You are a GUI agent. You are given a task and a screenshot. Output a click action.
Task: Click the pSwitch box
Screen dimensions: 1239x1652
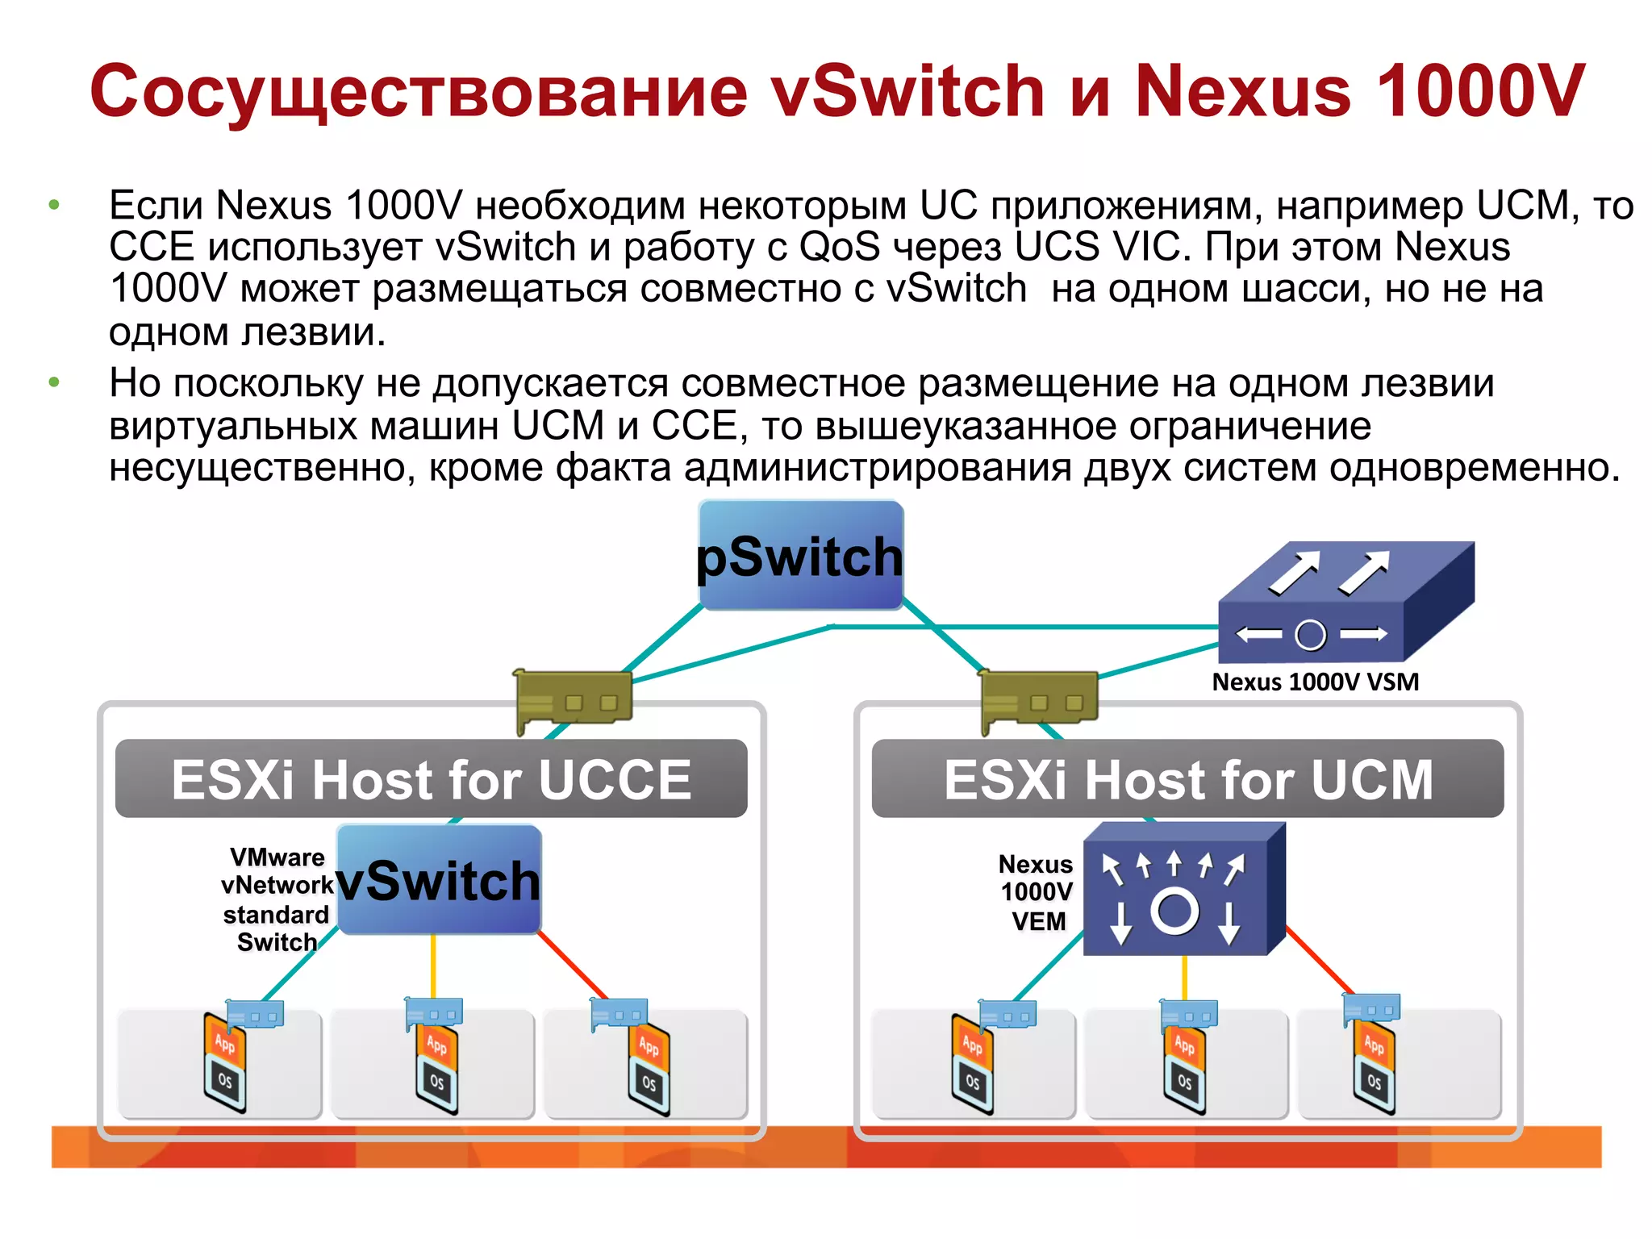coord(799,555)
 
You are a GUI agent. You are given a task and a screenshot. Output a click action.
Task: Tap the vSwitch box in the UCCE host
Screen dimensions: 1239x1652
coord(438,879)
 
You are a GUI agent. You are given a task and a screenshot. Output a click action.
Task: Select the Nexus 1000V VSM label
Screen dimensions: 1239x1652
coord(1314,682)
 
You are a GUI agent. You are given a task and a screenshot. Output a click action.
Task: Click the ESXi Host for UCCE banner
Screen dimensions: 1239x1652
coord(431,779)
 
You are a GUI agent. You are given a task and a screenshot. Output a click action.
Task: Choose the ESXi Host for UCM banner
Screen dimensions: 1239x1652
coord(1187,779)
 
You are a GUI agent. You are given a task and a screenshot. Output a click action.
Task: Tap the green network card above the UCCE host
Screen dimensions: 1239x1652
coord(574,699)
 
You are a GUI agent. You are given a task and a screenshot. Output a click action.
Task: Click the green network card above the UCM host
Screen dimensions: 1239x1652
coord(1039,699)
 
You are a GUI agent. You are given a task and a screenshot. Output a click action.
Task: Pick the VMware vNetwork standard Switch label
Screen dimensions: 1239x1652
coord(276,899)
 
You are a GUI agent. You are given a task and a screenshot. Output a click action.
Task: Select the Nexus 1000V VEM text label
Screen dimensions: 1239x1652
coord(1037,893)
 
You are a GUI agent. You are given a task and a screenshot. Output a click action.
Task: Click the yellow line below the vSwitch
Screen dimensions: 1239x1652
coord(433,966)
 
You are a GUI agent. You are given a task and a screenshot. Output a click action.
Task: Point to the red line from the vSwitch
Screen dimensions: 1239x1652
coord(574,966)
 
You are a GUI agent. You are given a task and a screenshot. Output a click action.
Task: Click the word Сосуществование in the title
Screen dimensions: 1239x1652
coord(419,91)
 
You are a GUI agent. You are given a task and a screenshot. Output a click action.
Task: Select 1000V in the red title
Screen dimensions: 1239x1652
coord(1480,91)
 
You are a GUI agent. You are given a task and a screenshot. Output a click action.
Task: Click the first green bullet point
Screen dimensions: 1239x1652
coord(54,205)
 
